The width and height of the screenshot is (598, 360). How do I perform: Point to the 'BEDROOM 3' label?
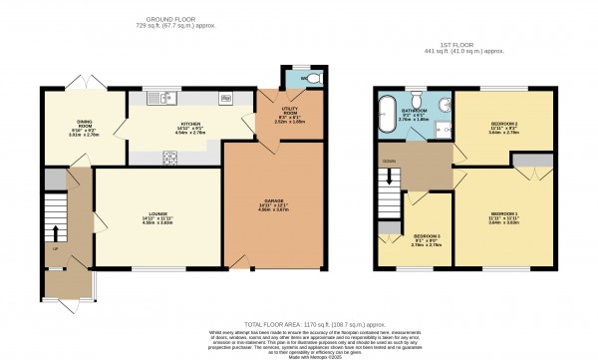pos(427,238)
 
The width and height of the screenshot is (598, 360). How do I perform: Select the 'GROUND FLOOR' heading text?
pos(168,19)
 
